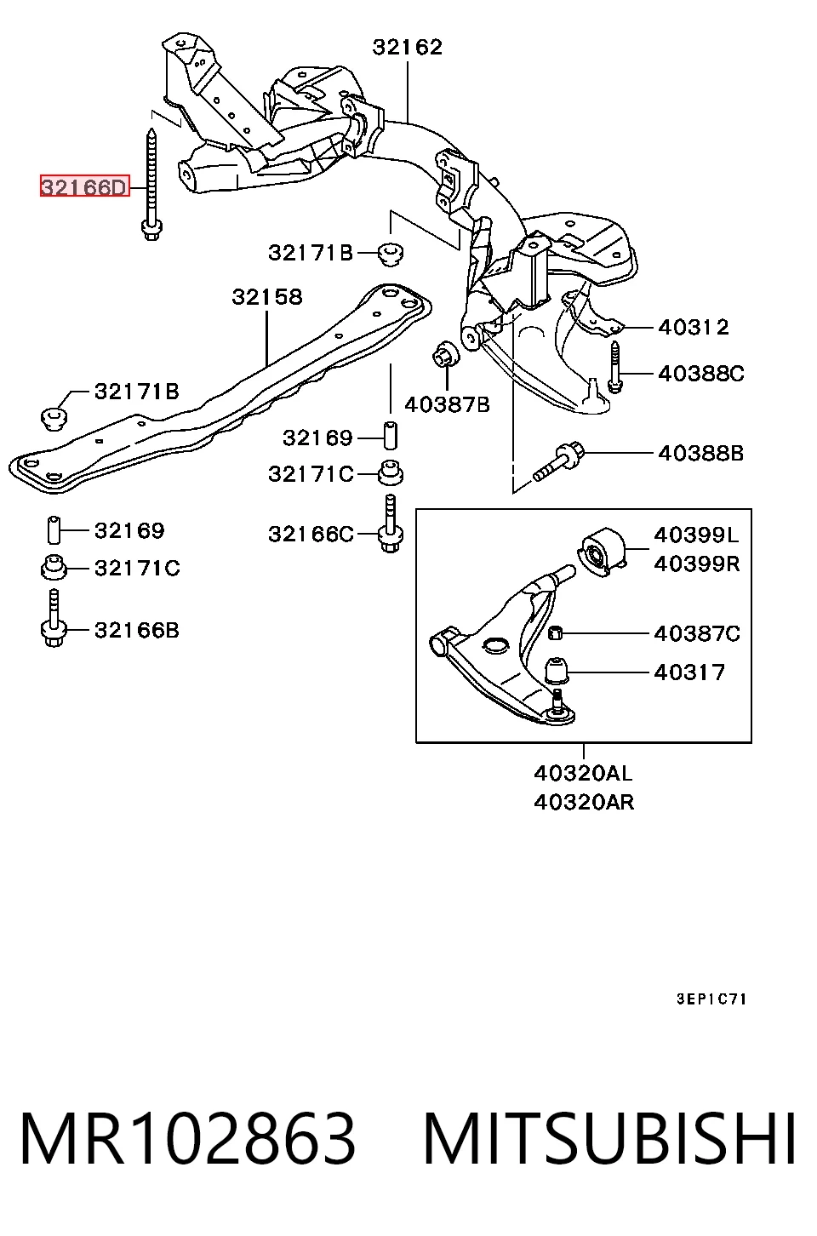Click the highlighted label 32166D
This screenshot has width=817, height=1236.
point(84,186)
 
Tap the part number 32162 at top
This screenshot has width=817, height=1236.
point(407,47)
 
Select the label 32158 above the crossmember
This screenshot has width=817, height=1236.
point(267,297)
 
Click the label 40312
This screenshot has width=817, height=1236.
point(694,327)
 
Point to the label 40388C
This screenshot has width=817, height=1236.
point(701,374)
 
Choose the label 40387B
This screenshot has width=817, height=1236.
point(447,404)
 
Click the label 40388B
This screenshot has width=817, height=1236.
point(700,453)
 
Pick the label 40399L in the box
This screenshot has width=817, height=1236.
point(696,535)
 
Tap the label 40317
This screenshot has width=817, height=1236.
point(689,672)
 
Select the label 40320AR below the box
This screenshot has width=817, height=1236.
point(584,802)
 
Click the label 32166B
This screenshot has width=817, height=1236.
point(137,630)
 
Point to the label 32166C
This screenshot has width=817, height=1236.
point(311,534)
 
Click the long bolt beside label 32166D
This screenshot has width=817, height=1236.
point(151,185)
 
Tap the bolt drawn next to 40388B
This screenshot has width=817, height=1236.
point(558,461)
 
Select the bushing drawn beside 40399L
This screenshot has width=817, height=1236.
point(603,552)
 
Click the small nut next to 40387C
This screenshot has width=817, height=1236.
point(555,632)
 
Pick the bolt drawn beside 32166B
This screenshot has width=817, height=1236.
point(54,618)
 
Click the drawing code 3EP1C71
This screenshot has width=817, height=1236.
point(711,999)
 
